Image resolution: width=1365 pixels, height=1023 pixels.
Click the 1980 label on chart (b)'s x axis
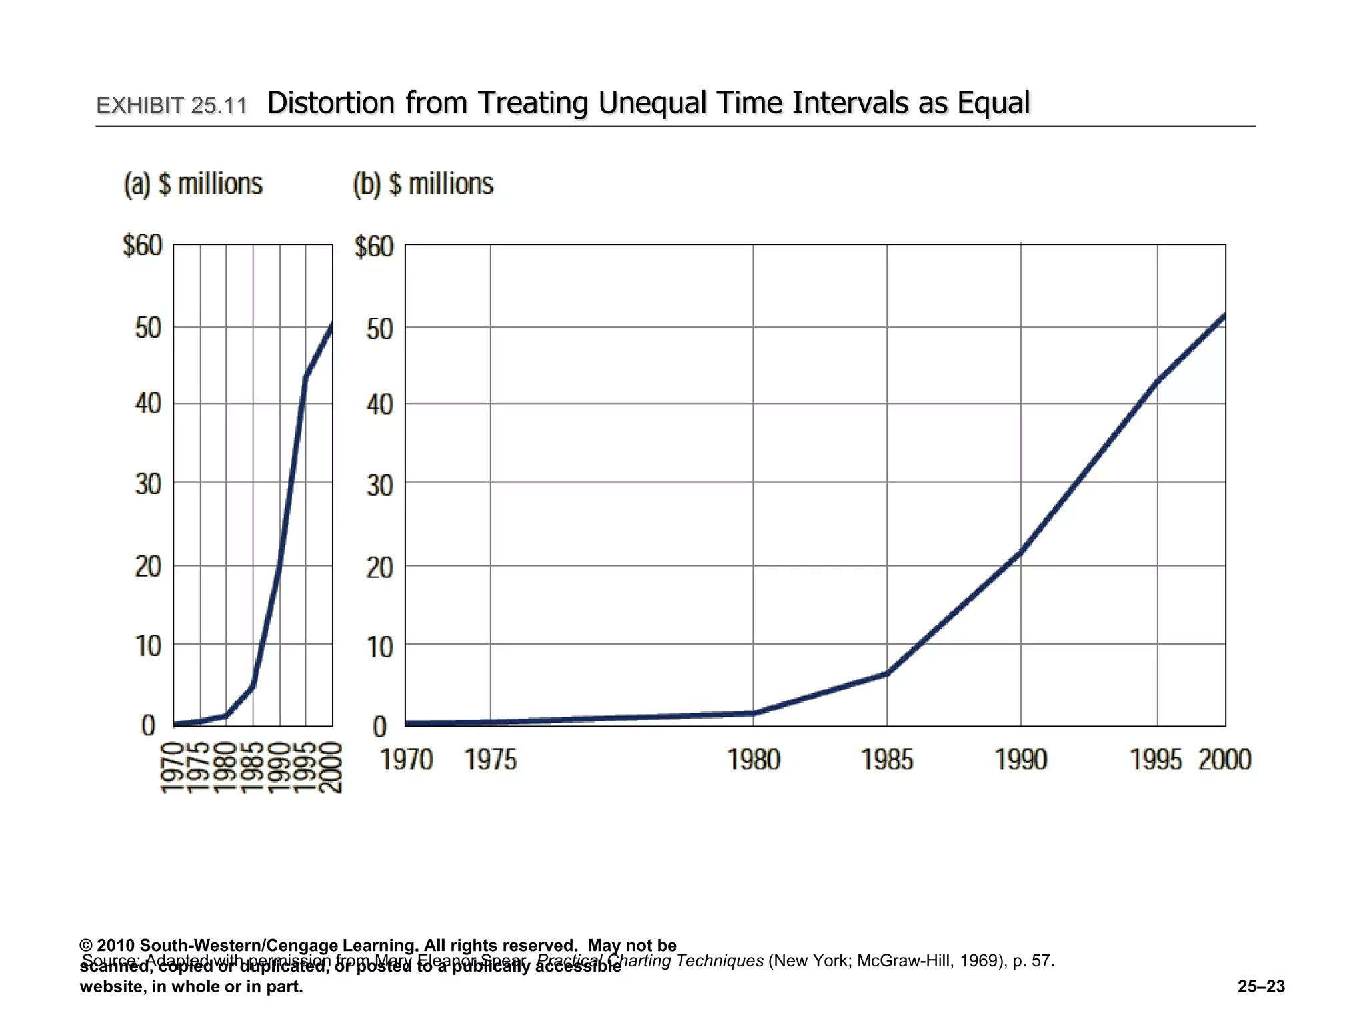(754, 760)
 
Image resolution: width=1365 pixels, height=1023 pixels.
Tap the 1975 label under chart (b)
(491, 760)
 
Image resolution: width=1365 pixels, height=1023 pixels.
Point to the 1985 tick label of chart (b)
(887, 760)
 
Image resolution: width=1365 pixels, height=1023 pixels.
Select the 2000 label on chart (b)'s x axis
(1225, 760)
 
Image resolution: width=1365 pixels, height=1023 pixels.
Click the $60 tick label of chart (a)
(143, 246)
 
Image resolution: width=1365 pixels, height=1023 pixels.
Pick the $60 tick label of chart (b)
(374, 247)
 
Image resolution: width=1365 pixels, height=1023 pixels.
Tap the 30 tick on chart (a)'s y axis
(149, 484)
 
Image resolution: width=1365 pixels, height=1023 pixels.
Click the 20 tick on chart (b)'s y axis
(380, 567)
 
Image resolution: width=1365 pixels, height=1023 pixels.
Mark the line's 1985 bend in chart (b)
(887, 673)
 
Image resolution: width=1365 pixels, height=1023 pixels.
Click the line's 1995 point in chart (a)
(305, 378)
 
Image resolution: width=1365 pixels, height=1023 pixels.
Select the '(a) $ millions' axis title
(193, 184)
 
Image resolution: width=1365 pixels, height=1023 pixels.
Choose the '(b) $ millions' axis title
(423, 184)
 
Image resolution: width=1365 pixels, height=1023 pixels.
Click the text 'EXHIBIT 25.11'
(171, 105)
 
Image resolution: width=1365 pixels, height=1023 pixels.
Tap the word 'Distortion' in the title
(331, 103)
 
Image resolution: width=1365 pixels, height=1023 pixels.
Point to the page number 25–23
(1261, 986)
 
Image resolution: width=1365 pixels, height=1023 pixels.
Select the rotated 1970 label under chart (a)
(173, 768)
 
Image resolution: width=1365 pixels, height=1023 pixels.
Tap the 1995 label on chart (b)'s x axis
(1156, 760)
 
